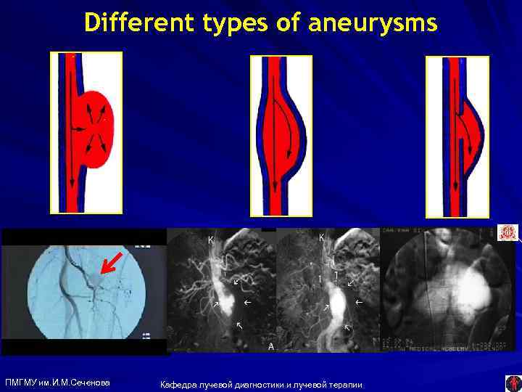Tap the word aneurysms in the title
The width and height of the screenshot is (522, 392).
pos(373,23)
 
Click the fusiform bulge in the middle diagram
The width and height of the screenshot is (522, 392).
pos(286,134)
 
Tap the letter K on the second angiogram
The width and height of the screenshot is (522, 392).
pos(211,240)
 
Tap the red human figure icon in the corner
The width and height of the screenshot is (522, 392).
pos(513,383)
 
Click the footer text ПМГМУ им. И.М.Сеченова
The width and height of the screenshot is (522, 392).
pos(57,383)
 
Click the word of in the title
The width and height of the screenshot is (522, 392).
pos(289,23)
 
